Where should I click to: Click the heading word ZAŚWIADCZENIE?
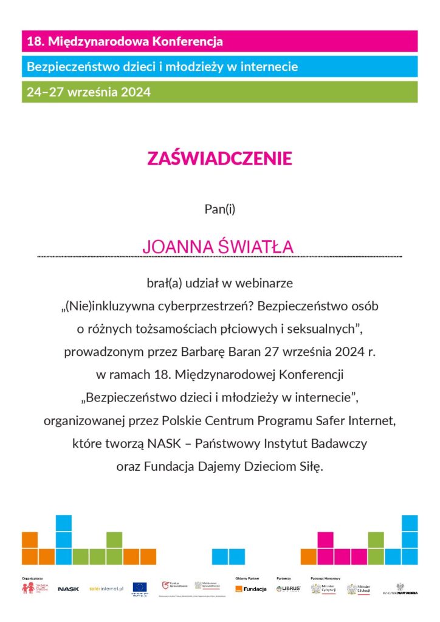[x=219, y=159]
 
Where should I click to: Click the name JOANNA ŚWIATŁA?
[x=218, y=247]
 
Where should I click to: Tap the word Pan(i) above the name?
[x=220, y=210]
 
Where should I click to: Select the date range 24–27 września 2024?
[x=88, y=92]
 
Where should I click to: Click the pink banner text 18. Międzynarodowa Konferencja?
[x=124, y=41]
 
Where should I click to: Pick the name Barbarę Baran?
[x=210, y=352]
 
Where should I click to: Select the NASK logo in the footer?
[x=68, y=589]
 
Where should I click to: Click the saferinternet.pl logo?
[x=106, y=589]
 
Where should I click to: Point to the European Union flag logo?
[x=140, y=587]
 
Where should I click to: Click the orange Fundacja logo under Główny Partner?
[x=251, y=589]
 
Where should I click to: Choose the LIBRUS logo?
[x=288, y=589]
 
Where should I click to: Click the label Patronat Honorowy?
[x=325, y=578]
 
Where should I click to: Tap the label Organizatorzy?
[x=32, y=578]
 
